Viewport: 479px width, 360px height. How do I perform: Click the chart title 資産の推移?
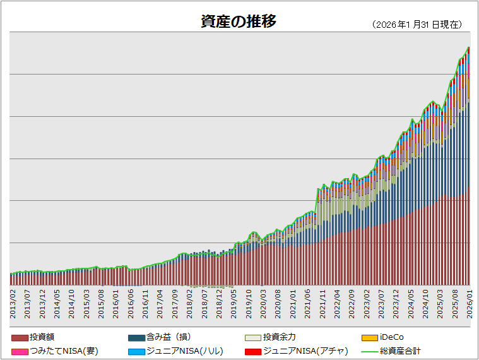click(x=239, y=21)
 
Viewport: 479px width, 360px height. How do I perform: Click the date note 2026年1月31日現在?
click(x=418, y=25)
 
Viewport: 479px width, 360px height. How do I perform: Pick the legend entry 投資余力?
click(x=280, y=337)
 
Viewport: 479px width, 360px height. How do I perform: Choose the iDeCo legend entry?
click(x=391, y=337)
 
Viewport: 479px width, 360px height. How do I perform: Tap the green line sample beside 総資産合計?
click(x=369, y=351)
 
